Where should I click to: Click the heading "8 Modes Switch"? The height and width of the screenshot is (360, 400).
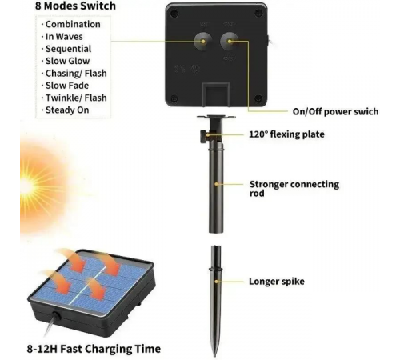[x=75, y=6]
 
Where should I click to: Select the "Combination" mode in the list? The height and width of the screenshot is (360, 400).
[x=73, y=24]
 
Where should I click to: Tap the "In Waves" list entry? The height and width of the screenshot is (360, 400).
[x=64, y=37]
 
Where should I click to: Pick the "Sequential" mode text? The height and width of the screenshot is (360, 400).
[x=68, y=49]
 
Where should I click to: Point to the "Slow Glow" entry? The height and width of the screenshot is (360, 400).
[x=67, y=61]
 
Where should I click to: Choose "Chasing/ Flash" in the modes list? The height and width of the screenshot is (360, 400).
[x=76, y=74]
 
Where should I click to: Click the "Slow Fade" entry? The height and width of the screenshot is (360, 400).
[x=67, y=86]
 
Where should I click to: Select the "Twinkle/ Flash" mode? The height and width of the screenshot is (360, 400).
[x=76, y=98]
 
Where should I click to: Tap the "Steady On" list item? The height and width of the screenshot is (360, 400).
[x=67, y=110]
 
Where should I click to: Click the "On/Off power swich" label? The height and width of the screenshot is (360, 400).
[x=335, y=111]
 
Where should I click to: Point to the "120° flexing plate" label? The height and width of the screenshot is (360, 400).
[x=286, y=134]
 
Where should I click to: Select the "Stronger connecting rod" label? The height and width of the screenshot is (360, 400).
[x=294, y=189]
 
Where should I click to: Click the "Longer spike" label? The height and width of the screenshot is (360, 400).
[x=277, y=282]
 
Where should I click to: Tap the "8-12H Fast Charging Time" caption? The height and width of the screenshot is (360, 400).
[x=94, y=349]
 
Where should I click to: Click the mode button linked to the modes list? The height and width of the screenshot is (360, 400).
[x=202, y=42]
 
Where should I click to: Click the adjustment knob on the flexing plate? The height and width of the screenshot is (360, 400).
[x=204, y=136]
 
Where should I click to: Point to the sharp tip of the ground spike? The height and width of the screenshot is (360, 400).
[x=215, y=356]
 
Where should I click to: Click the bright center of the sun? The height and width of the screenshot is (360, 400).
[x=26, y=186]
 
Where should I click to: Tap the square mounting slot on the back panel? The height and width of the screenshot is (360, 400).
[x=216, y=94]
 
